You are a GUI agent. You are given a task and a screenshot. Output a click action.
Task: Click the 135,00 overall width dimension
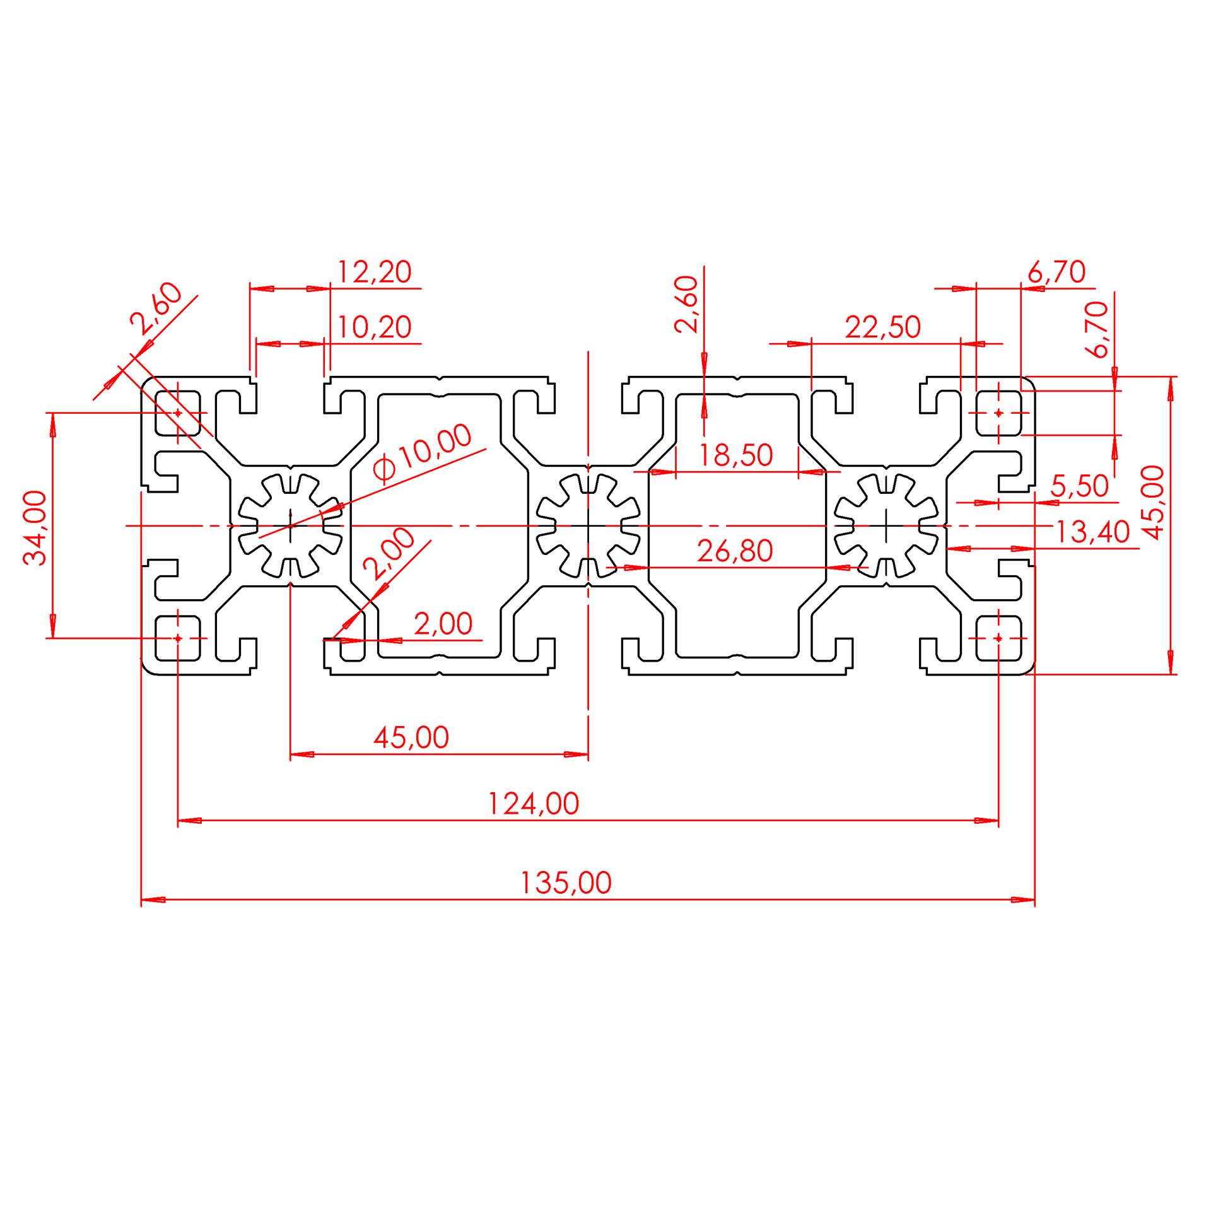[x=565, y=883]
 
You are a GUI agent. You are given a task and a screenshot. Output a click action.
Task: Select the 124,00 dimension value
[x=534, y=804]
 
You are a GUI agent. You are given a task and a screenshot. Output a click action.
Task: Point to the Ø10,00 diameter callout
[x=421, y=453]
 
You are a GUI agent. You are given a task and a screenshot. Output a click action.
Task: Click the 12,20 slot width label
[x=374, y=272]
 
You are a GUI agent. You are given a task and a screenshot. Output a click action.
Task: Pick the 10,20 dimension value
[x=374, y=327]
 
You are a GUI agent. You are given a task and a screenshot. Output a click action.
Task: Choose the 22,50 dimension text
[x=883, y=327]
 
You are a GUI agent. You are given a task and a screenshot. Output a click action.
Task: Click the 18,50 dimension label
[x=735, y=455]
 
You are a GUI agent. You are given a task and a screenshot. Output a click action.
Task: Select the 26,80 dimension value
[x=735, y=551]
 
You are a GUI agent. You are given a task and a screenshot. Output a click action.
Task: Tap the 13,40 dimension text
[x=1092, y=532]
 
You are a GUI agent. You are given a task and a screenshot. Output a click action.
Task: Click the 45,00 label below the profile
[x=411, y=737]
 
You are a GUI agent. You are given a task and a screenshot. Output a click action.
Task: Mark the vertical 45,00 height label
[x=1152, y=503]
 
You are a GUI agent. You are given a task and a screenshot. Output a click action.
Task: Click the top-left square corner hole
[x=178, y=413]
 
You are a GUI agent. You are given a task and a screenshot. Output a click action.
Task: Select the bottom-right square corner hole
[x=998, y=638]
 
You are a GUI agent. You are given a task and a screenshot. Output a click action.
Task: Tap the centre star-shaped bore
[x=588, y=525]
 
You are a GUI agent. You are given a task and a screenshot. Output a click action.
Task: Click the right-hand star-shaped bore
[x=886, y=525]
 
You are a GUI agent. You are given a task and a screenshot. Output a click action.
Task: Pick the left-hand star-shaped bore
[x=290, y=525]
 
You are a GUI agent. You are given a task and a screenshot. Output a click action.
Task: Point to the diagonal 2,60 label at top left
[x=156, y=308]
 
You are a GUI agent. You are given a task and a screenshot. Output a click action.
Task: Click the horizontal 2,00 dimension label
[x=443, y=624]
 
